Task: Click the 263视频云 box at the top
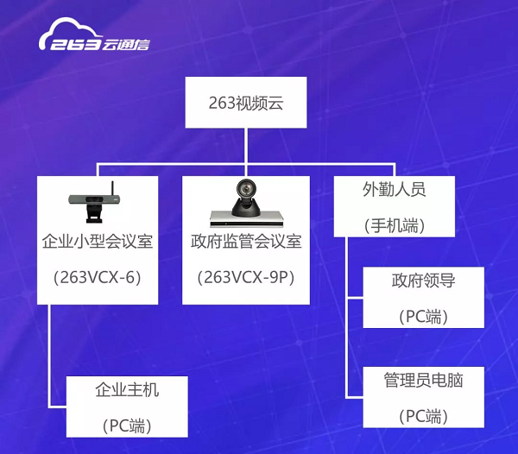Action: pos(246,103)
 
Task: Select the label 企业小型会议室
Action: pos(98,241)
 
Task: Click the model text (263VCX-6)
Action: pos(98,278)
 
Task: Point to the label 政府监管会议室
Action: pos(246,241)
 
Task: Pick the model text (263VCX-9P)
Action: pos(246,278)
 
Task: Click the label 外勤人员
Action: pos(395,188)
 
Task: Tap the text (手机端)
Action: pos(395,225)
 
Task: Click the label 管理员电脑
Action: pos(424,379)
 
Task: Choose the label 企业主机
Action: pos(127,389)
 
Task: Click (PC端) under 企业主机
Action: pos(127,426)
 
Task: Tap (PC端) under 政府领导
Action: pos(424,316)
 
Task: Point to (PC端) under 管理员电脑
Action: pos(424,416)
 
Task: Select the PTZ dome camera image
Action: pos(246,203)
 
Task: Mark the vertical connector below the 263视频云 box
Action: pos(246,145)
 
